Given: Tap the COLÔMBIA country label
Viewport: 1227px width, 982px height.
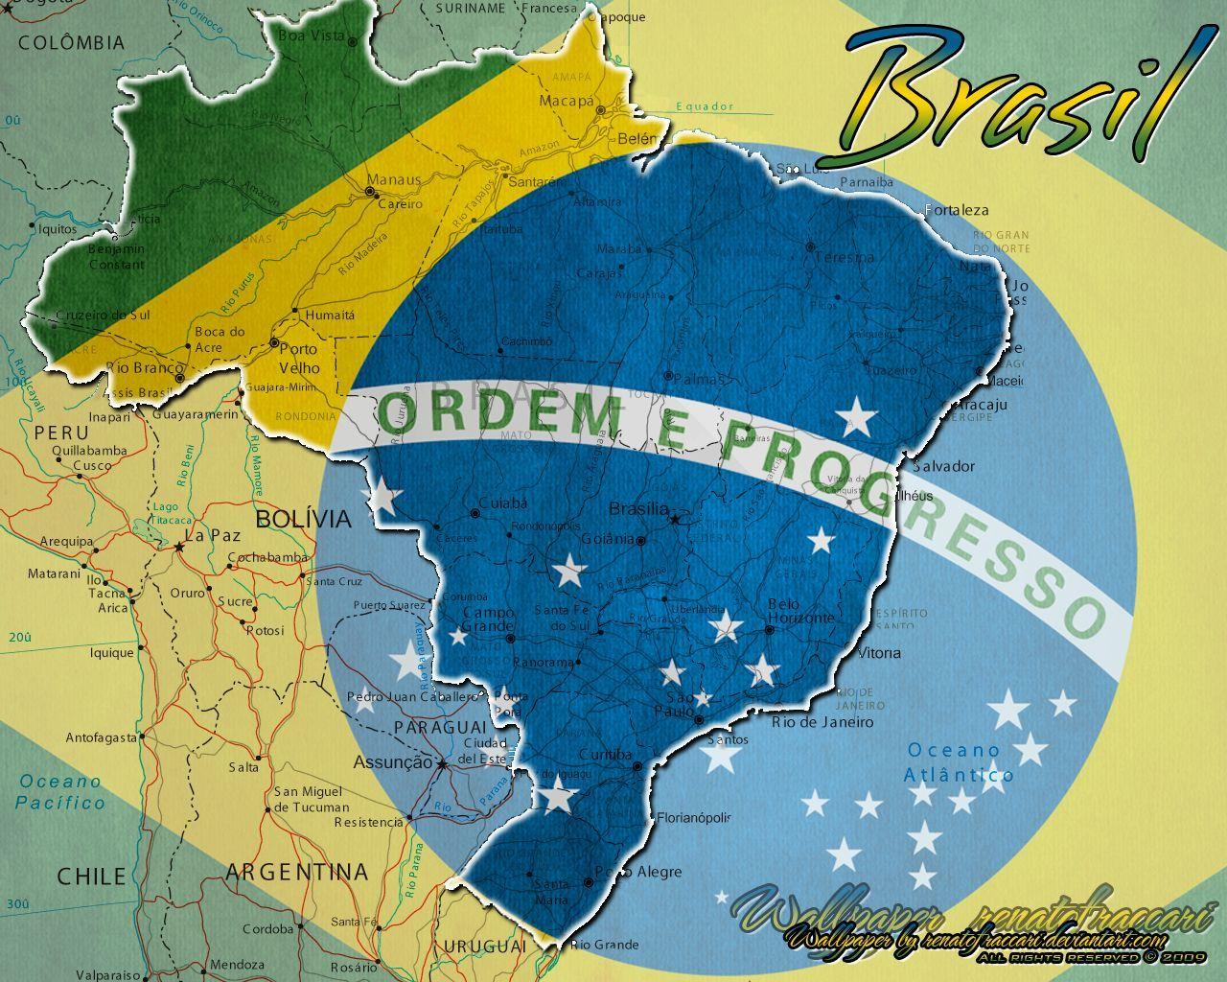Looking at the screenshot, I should pyautogui.click(x=72, y=42).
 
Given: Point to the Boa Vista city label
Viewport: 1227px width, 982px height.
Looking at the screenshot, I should pyautogui.click(x=311, y=35).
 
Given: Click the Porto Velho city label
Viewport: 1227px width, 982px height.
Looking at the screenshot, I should pyautogui.click(x=299, y=358).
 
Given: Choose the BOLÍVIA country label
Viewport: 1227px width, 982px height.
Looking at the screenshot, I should pyautogui.click(x=303, y=519).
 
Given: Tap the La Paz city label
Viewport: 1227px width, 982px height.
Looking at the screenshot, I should pyautogui.click(x=212, y=536).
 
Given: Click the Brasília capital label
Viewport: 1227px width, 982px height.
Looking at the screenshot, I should pyautogui.click(x=639, y=509).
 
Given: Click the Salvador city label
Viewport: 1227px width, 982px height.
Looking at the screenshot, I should pyautogui.click(x=943, y=466).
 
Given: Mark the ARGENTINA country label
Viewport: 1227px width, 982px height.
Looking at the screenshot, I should pyautogui.click(x=297, y=872).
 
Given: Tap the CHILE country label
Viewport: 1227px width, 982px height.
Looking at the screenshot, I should pyautogui.click(x=91, y=876).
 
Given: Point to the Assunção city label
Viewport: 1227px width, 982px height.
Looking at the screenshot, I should pyautogui.click(x=393, y=762).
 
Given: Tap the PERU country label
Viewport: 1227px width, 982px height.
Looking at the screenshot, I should pyautogui.click(x=61, y=433).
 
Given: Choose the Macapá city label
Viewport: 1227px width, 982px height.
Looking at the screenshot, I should pyautogui.click(x=567, y=100).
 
